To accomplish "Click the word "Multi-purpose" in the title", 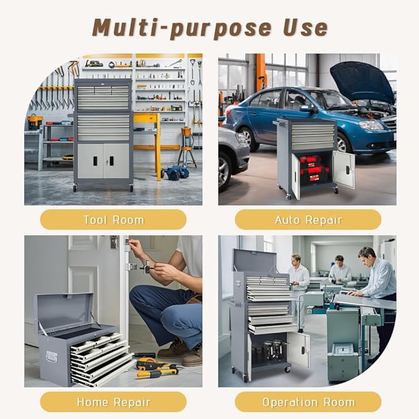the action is [181, 28].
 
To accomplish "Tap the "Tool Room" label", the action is [114, 220].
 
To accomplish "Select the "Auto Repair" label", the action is [308, 220].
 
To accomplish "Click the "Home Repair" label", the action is [114, 402].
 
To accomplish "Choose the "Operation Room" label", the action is [308, 402].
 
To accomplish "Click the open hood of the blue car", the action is [362, 81].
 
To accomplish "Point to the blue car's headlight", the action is [371, 125].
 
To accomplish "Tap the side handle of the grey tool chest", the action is [51, 357].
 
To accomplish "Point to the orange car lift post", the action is [261, 72].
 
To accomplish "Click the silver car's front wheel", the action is [225, 170].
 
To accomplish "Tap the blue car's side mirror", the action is [307, 109].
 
